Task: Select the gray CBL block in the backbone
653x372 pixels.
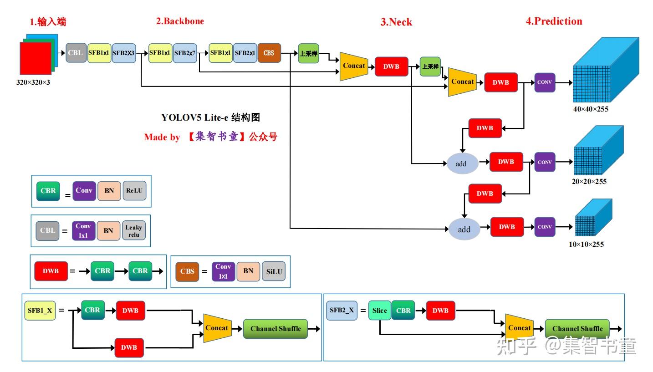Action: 76,53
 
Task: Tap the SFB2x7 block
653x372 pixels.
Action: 185,53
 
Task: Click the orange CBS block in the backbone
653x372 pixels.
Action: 269,53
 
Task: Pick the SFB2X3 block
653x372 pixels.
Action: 124,53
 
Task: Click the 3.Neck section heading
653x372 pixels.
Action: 396,22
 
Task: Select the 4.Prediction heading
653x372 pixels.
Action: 554,21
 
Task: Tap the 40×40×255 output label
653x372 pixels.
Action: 591,109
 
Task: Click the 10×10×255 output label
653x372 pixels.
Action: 586,245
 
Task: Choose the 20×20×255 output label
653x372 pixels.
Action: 589,182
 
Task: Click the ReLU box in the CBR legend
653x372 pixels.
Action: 134,191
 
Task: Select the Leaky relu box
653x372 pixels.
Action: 134,231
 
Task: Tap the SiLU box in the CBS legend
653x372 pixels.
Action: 274,271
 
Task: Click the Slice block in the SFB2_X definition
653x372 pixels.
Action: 379,311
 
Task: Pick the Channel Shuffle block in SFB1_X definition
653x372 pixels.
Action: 275,329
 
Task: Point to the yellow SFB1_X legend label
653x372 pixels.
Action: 40,311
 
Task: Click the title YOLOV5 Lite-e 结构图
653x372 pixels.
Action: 210,117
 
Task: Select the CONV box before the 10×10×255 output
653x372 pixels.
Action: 545,227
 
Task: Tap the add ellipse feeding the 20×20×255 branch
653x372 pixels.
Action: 461,163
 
